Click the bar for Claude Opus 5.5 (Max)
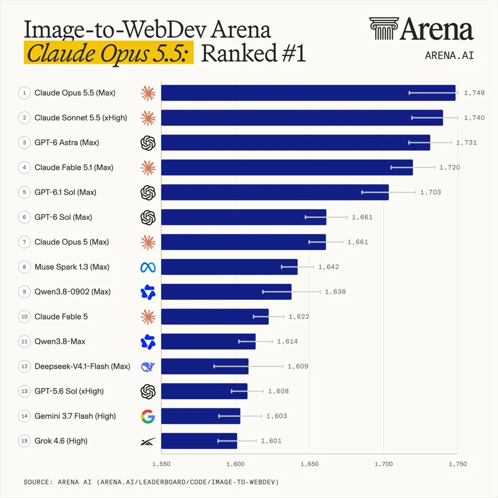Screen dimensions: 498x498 tap(308, 93)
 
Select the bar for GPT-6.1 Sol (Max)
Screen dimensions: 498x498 tap(275, 192)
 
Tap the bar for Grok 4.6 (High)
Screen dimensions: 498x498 tap(199, 441)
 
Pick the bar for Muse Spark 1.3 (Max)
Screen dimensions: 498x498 tap(229, 267)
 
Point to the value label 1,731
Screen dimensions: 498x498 tap(466, 143)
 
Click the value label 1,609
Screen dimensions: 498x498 tap(298, 366)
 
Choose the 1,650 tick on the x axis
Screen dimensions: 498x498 tap(309, 464)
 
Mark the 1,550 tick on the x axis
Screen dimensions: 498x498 tap(161, 464)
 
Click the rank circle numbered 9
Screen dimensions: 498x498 tap(24, 292)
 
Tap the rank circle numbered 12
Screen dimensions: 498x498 tap(24, 366)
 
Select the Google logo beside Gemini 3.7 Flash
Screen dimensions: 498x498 tap(148, 417)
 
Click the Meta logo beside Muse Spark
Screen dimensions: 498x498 tap(148, 268)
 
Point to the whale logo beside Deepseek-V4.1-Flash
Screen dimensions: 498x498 tap(148, 367)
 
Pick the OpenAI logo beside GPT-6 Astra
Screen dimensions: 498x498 tap(148, 143)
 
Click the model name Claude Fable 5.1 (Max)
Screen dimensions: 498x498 tap(74, 168)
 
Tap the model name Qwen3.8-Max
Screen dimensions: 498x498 tap(60, 341)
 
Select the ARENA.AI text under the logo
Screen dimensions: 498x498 tap(449, 56)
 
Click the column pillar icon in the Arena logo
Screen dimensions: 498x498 tap(384, 29)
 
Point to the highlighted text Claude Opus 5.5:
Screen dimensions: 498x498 tap(108, 53)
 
